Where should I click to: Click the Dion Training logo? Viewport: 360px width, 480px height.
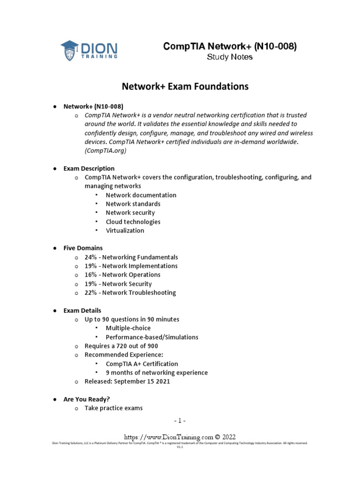pos(89,50)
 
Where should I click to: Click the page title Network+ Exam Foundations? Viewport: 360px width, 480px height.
pos(185,86)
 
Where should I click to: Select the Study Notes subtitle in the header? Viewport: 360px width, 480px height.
pos(230,57)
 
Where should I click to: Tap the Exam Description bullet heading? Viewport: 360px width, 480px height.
pos(89,168)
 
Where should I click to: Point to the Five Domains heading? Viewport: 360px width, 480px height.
pos(83,248)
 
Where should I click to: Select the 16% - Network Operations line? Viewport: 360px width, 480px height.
pos(122,275)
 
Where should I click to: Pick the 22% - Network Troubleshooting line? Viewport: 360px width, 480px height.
pos(130,292)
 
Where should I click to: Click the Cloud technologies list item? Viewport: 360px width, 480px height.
pos(133,222)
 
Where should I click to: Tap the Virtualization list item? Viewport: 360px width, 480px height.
pos(125,231)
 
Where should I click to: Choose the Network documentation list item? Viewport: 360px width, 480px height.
pos(141,195)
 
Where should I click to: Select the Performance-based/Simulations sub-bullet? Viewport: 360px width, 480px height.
pos(152,337)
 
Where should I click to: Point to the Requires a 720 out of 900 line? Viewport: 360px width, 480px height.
pos(121,346)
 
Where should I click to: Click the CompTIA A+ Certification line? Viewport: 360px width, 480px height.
pos(142,364)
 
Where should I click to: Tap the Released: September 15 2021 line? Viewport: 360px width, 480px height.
pos(127,382)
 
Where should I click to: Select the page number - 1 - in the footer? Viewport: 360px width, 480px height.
pos(180,420)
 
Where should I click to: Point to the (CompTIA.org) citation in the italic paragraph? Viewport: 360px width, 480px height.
pos(105,151)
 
